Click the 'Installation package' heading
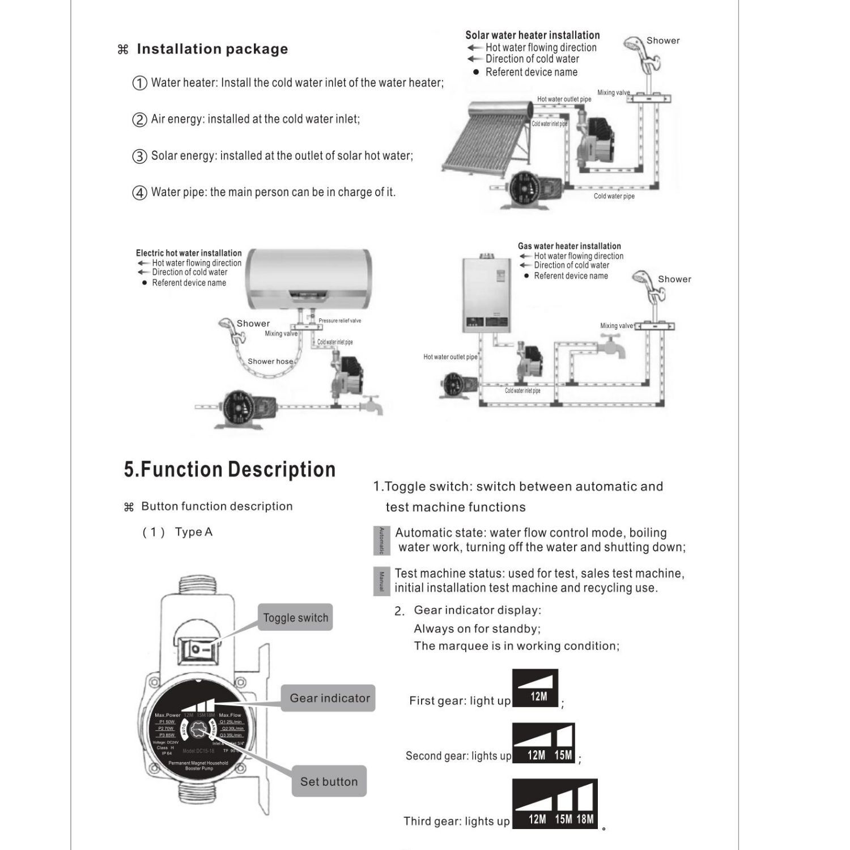pos(212,49)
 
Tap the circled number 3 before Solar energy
pos(139,156)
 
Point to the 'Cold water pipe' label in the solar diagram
pos(614,196)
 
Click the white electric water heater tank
pos(311,278)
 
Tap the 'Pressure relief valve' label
pos(339,321)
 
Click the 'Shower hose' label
pos(270,362)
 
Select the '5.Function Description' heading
pos(229,470)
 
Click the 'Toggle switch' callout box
pos(295,618)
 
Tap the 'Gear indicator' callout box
pos(329,698)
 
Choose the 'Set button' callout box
pos(329,781)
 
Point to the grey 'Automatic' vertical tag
pos(381,541)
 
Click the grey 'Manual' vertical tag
pos(381,581)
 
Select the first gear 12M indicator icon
pos(535,688)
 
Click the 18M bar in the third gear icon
pos(585,805)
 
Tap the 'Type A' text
pos(193,532)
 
